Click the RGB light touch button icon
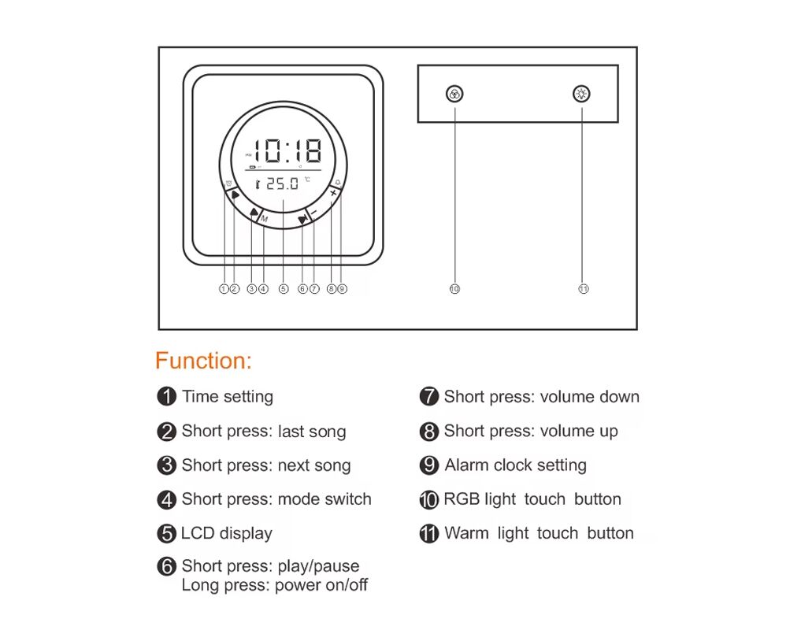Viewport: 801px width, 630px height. click(x=454, y=94)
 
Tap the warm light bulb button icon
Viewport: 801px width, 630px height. click(x=581, y=94)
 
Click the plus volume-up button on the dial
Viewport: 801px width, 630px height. click(x=333, y=193)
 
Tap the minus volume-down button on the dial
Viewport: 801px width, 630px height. click(x=313, y=212)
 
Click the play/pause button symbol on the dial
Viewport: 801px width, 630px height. click(x=302, y=220)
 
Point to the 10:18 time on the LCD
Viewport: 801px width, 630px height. click(x=288, y=150)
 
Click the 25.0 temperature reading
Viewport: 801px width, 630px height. click(x=283, y=183)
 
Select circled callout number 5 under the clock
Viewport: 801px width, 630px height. click(x=284, y=289)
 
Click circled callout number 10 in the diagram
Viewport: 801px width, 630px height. click(x=454, y=289)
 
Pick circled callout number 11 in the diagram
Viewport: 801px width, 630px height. click(x=584, y=289)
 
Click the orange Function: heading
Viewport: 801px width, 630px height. click(x=203, y=361)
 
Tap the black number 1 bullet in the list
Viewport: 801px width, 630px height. click(x=166, y=396)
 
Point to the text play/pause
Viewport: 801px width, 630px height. click(x=318, y=567)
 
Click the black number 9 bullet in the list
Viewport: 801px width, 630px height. click(x=429, y=465)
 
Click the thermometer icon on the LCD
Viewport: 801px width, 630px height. click(x=258, y=184)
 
